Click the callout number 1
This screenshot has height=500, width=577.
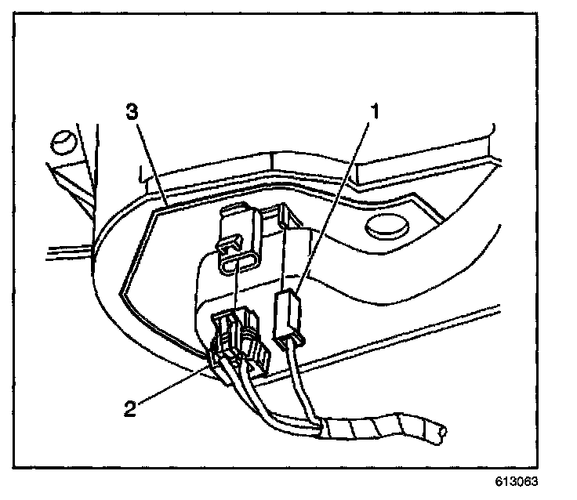pyautogui.click(x=375, y=111)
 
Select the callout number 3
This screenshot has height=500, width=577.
pyautogui.click(x=132, y=112)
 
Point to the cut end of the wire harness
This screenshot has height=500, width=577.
pyautogui.click(x=445, y=430)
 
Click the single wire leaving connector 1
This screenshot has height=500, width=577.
pyautogui.click(x=296, y=384)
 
